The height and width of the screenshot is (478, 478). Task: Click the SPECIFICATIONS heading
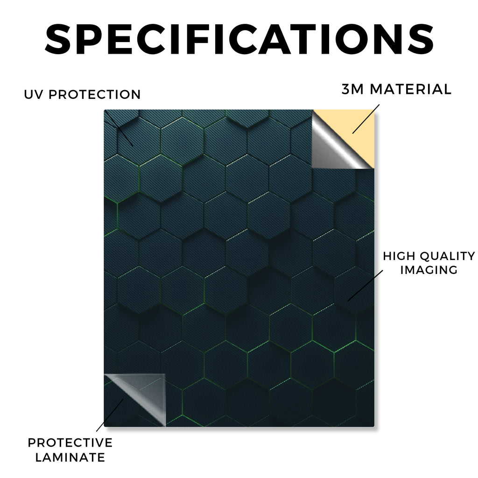coord(239,39)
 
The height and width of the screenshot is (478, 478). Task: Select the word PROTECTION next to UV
coord(94,94)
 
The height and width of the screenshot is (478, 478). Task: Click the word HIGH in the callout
coord(399,256)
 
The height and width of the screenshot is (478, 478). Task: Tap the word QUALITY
coord(448,256)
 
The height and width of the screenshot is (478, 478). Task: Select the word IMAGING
coord(429,270)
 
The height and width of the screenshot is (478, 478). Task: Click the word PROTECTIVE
coord(70,443)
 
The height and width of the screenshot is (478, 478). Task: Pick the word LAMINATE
coord(70,457)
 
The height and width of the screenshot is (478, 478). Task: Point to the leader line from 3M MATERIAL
coord(366,119)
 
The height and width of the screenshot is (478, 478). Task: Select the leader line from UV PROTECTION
coord(119,129)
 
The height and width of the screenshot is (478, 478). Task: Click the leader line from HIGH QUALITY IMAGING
coord(365,285)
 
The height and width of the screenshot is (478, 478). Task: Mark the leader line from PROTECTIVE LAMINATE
coord(110,415)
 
